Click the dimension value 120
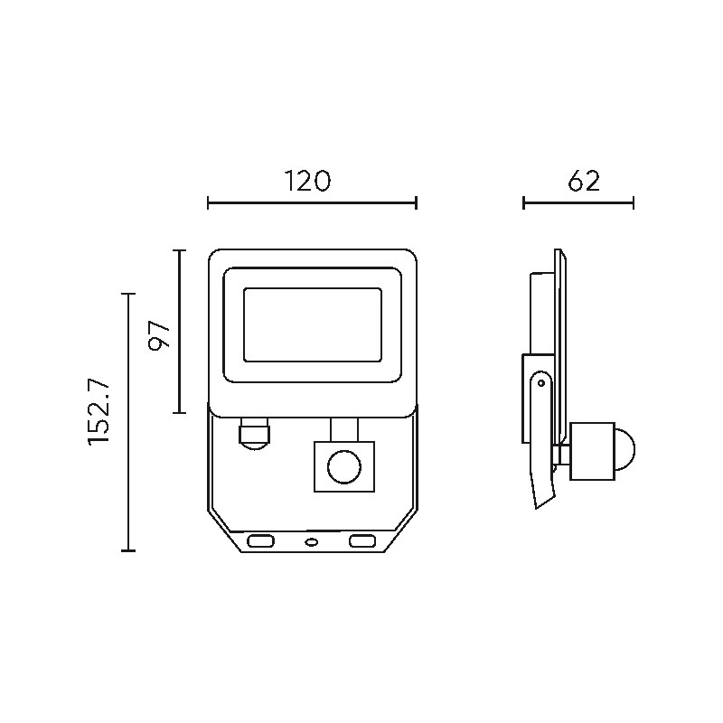[307, 181]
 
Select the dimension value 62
[584, 181]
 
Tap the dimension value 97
[160, 335]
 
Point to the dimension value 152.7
[99, 412]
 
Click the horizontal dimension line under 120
[312, 202]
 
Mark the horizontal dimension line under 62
[578, 202]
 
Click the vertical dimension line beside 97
[179, 332]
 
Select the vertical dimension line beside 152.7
[128, 422]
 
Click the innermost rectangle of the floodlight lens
[313, 325]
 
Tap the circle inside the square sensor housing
[344, 467]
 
